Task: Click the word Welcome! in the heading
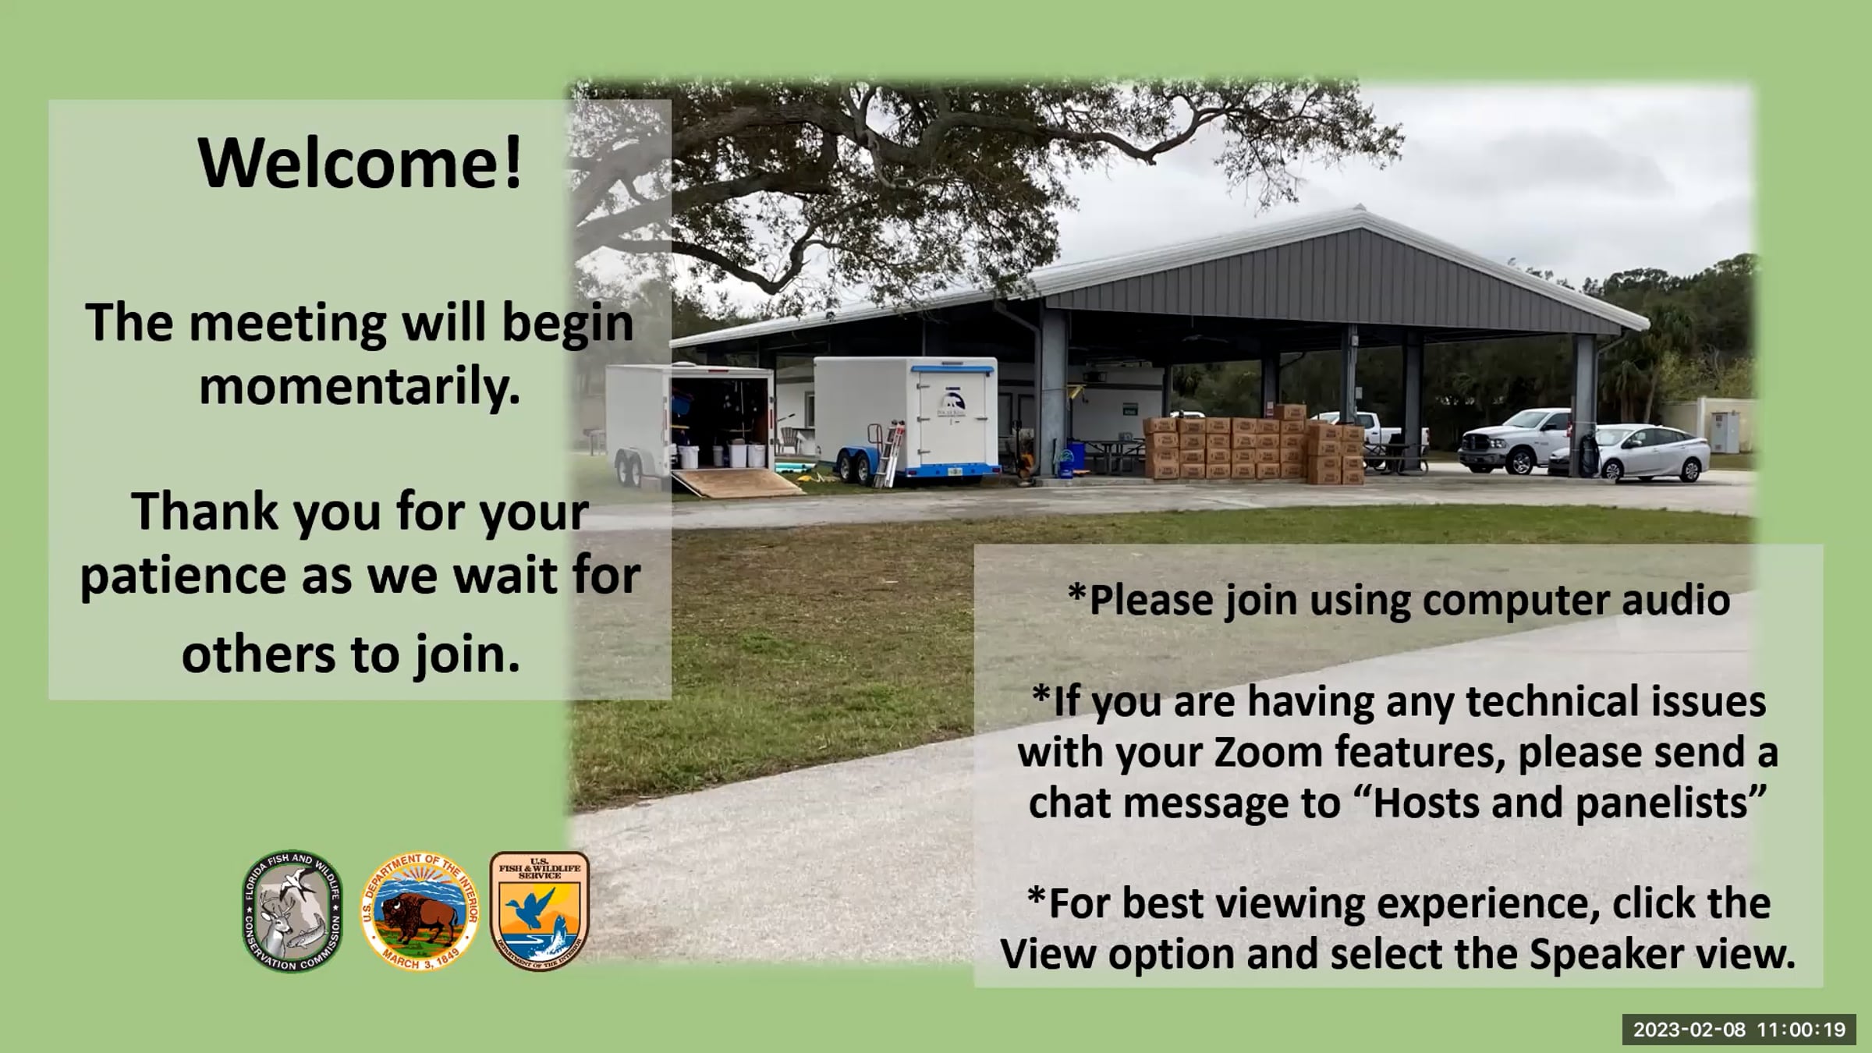[x=360, y=163]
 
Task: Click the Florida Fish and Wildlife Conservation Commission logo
[x=292, y=911]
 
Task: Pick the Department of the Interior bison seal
[x=420, y=911]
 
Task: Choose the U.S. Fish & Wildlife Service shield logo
[x=539, y=910]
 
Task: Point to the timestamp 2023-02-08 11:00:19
[x=1739, y=1030]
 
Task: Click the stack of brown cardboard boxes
[x=1253, y=448]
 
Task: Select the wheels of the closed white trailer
[x=854, y=468]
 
